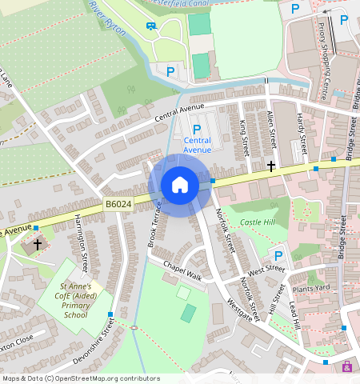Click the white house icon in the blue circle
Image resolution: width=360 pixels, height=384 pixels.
(180, 185)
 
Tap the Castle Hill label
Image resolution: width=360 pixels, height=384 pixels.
(258, 222)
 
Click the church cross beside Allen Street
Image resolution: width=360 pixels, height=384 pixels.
(271, 166)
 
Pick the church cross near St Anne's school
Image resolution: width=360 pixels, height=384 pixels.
(37, 243)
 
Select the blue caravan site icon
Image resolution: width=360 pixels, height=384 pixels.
(151, 25)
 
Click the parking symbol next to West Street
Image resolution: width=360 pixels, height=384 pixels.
(278, 256)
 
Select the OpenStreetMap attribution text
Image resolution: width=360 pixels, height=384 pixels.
(81, 378)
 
